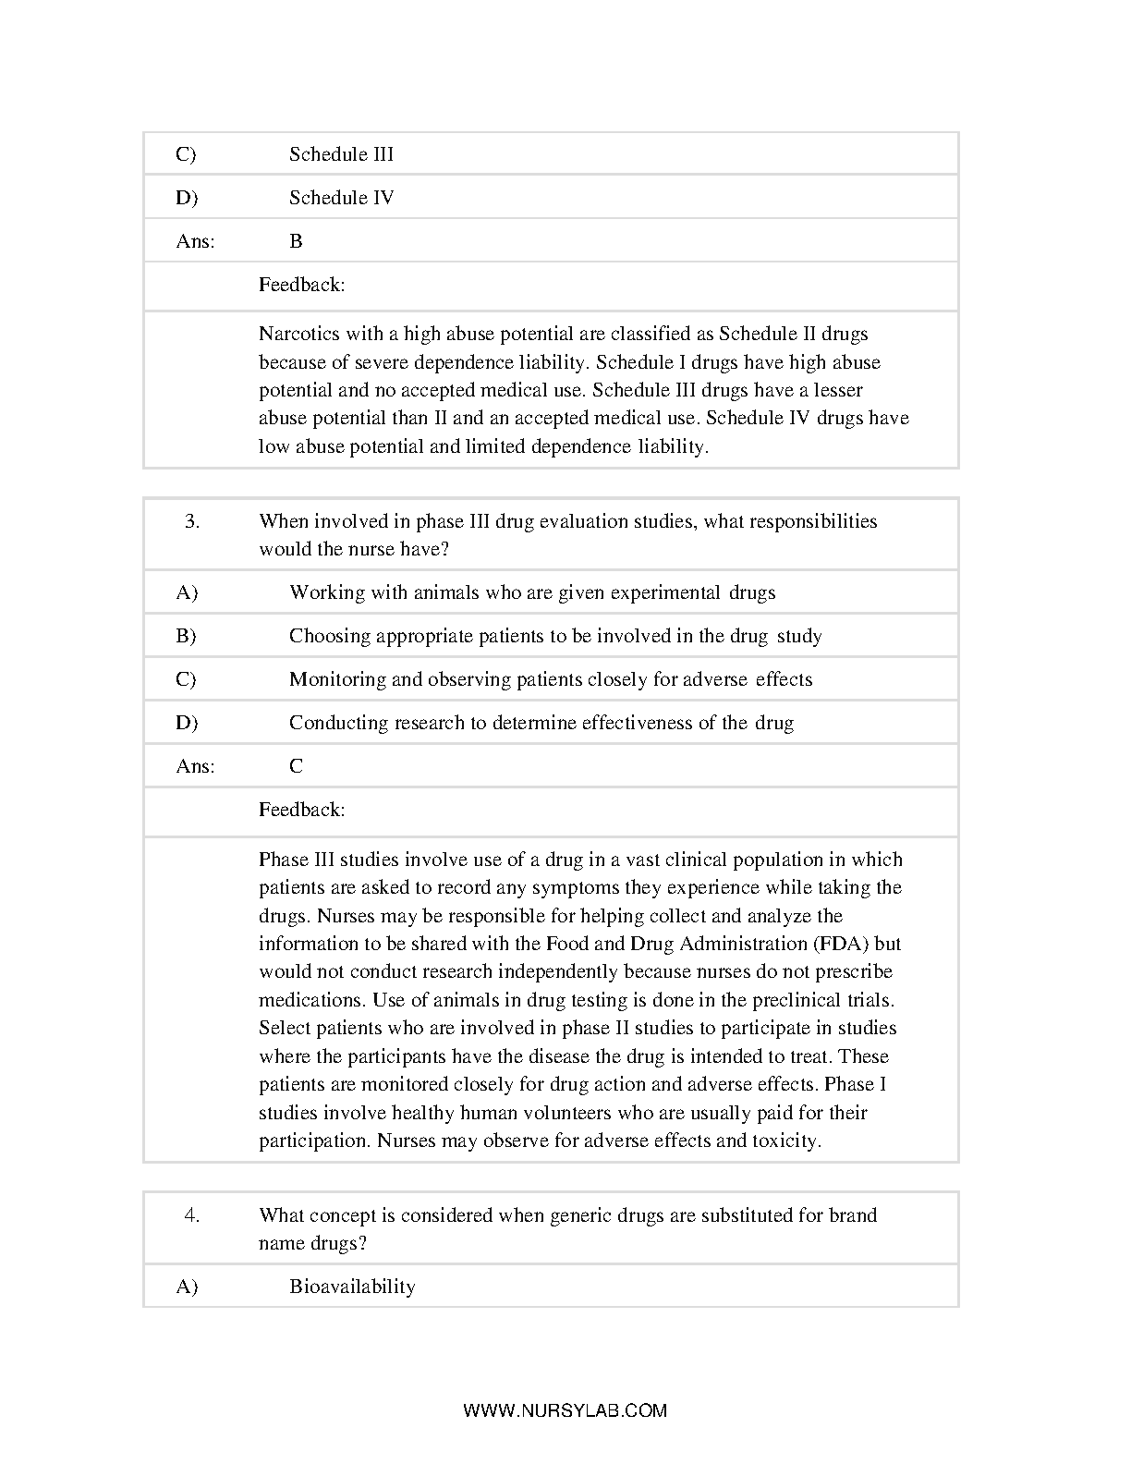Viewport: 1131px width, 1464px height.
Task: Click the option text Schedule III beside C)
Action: (x=341, y=154)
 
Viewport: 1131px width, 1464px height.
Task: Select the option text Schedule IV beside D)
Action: (x=341, y=198)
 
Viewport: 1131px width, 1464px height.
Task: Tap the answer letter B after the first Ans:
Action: (x=296, y=241)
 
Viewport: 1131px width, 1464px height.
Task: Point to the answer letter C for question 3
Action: (x=296, y=766)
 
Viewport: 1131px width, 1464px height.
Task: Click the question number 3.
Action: (x=192, y=521)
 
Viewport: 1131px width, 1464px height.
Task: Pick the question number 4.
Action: (x=192, y=1215)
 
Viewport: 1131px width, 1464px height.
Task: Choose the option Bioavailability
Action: (x=352, y=1287)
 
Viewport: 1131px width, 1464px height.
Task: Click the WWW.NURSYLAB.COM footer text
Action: (x=565, y=1410)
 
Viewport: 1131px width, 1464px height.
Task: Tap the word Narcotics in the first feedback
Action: (x=299, y=334)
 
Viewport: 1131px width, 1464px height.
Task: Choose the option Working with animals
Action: (x=532, y=592)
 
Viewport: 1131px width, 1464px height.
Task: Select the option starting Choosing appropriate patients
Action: (x=555, y=636)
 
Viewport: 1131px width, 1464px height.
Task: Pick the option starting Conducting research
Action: (x=541, y=723)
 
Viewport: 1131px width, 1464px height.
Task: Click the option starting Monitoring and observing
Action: (x=551, y=679)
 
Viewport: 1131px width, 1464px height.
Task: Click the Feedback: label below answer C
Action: (x=302, y=810)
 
